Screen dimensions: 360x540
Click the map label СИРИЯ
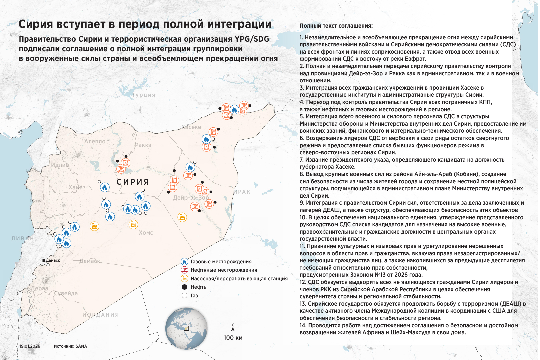pyautogui.click(x=133, y=182)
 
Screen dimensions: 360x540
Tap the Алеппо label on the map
pyautogui.click(x=95, y=141)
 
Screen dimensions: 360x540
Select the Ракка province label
pyautogui.click(x=143, y=145)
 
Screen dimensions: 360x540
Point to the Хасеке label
pyautogui.click(x=191, y=127)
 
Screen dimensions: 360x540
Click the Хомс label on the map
pyautogui.click(x=146, y=233)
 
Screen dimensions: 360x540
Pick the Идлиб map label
pyautogui.click(x=60, y=165)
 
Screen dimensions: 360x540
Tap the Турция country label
pyautogui.click(x=144, y=95)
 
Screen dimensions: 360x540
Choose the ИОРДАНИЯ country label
pyautogui.click(x=100, y=315)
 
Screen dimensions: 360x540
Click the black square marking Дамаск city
pyautogui.click(x=44, y=260)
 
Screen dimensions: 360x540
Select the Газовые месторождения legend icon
pyautogui.click(x=184, y=262)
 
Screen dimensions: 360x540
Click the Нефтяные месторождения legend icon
pyautogui.click(x=184, y=270)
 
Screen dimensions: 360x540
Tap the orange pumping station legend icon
pyautogui.click(x=184, y=278)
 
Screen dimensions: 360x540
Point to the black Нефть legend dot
pyautogui.click(x=184, y=287)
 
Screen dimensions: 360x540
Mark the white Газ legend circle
pyautogui.click(x=184, y=296)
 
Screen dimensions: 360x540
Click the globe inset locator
pyautogui.click(x=186, y=328)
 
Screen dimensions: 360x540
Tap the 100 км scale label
pyautogui.click(x=233, y=338)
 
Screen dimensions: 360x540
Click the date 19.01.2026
pyautogui.click(x=30, y=346)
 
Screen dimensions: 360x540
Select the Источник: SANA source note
pyautogui.click(x=70, y=346)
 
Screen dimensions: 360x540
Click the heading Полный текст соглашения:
pyautogui.click(x=336, y=26)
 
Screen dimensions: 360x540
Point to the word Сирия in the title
pyautogui.click(x=36, y=24)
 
